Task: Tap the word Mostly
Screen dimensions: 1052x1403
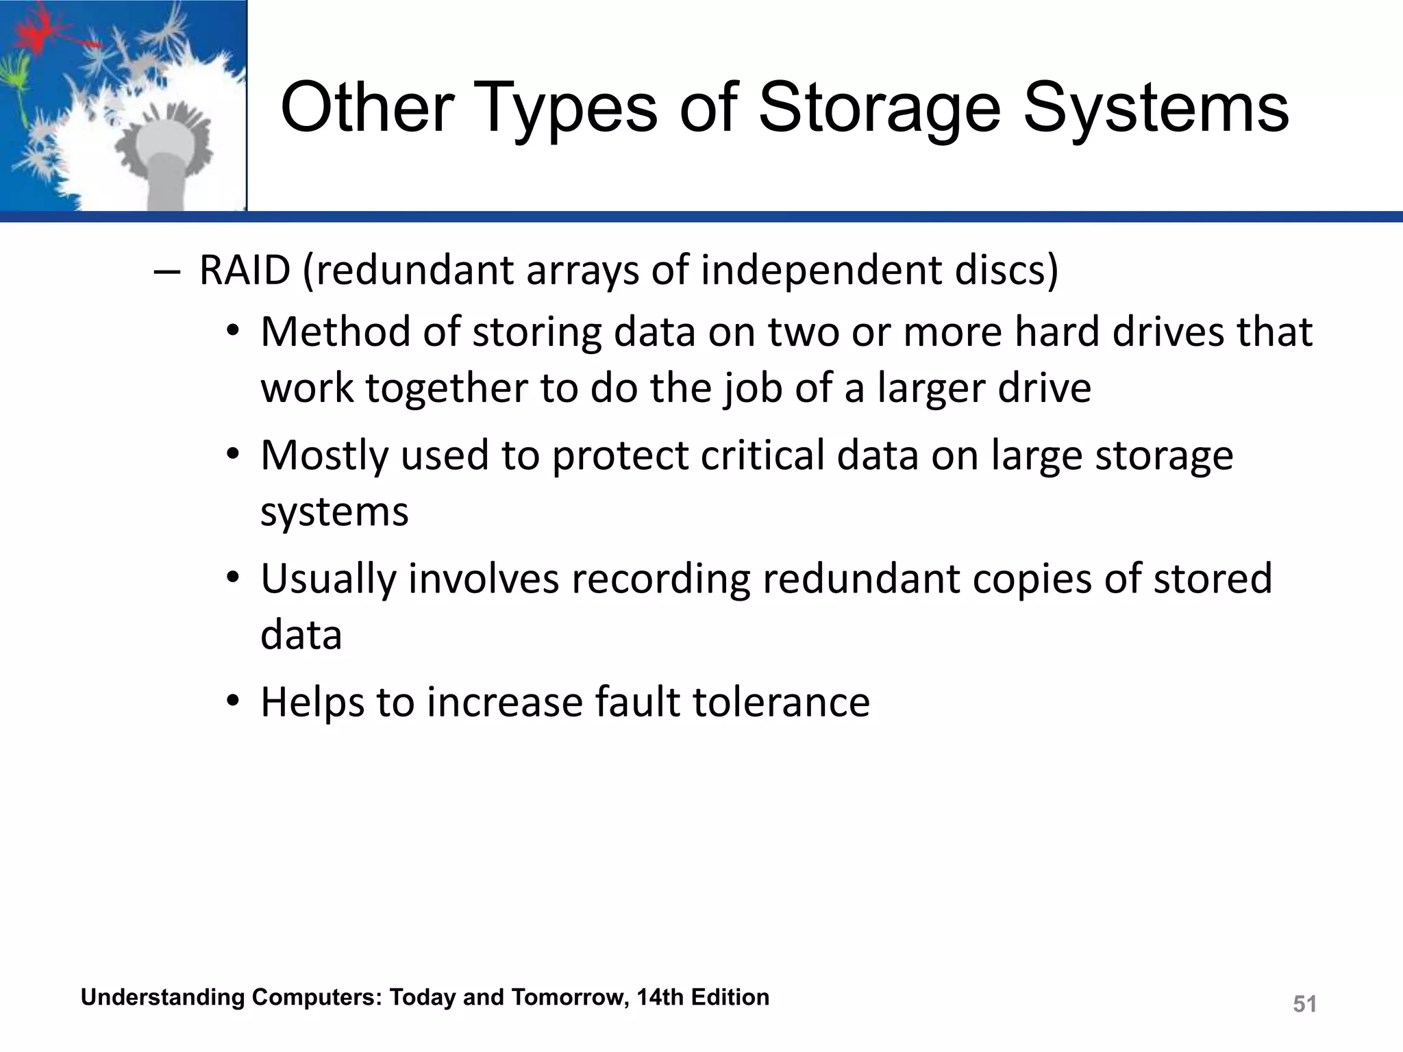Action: tap(324, 456)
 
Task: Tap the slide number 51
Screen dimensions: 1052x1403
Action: tap(1304, 1004)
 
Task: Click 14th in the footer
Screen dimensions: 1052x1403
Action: tap(660, 997)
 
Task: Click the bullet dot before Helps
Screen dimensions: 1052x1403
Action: tap(234, 701)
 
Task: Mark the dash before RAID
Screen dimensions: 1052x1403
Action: tap(166, 271)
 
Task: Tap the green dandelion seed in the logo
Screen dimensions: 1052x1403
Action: tap(15, 75)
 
